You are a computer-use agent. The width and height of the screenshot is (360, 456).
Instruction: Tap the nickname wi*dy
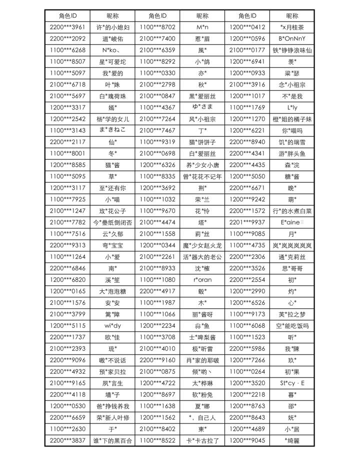[x=112, y=326]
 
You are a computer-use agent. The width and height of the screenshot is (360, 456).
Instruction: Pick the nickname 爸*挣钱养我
[x=112, y=406]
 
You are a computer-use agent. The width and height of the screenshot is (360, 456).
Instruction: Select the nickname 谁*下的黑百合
[x=112, y=441]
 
